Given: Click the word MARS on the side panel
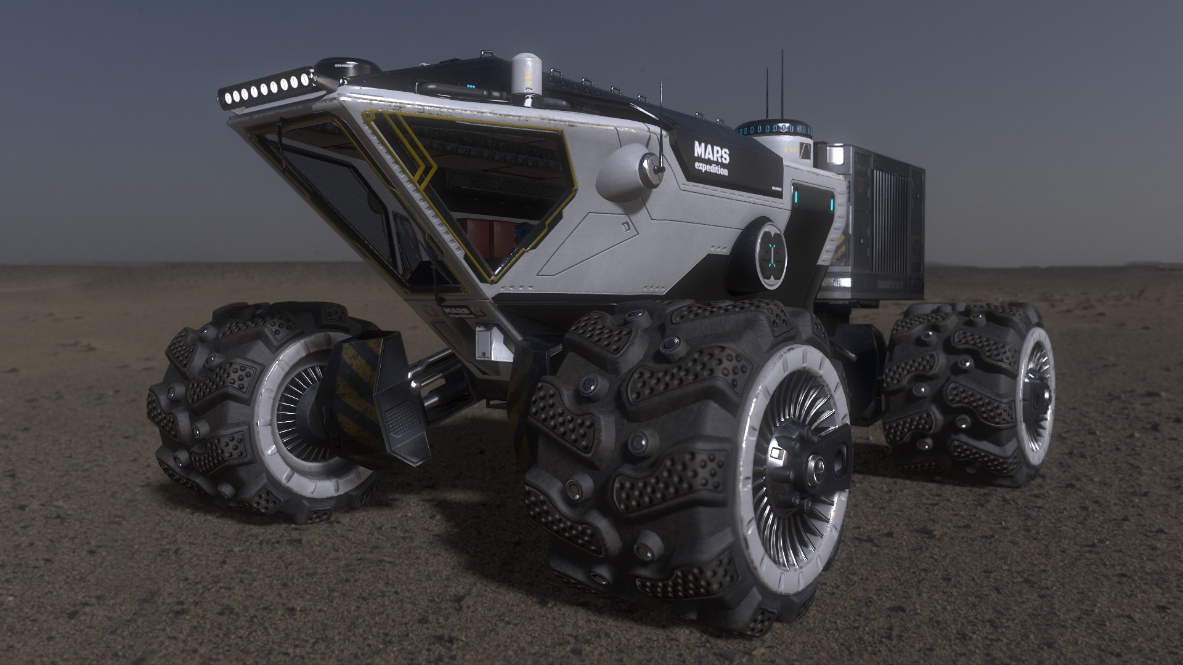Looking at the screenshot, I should [x=711, y=150].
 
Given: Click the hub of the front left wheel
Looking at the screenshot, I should [x=308, y=406].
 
